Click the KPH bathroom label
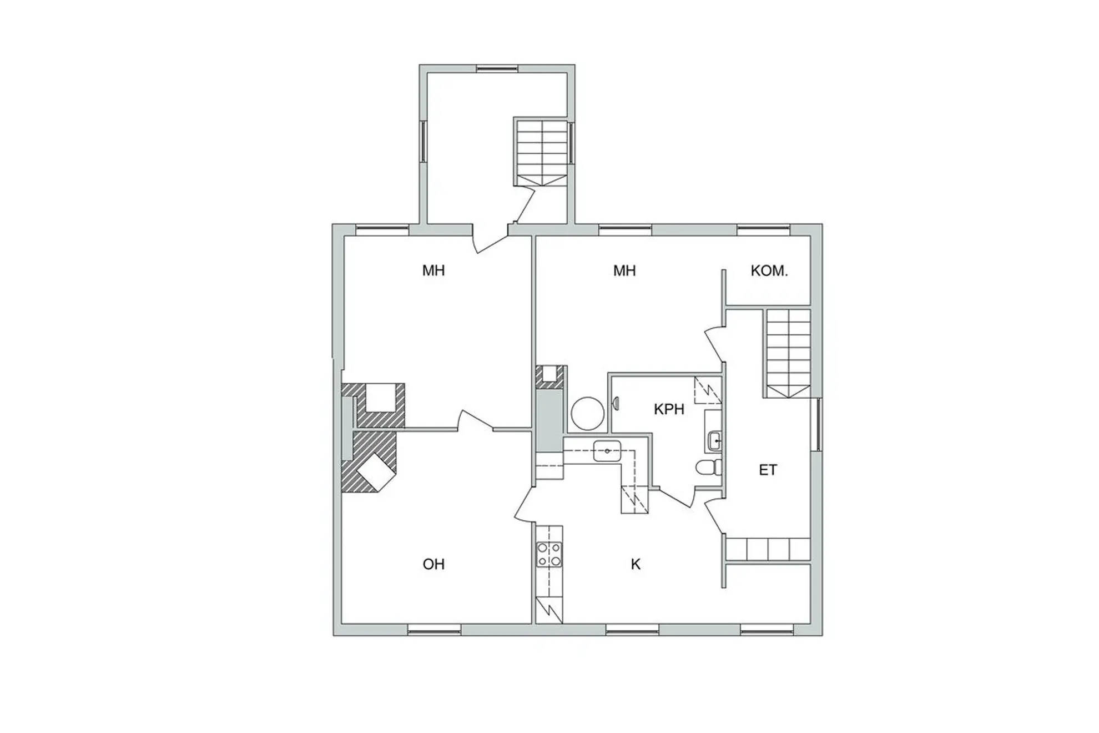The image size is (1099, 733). coord(669,410)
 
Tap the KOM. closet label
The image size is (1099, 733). coord(769,271)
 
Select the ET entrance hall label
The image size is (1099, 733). coord(768,470)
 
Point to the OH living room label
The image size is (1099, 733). coord(433,564)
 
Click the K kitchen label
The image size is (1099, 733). coord(636,564)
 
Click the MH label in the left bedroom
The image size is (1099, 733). coord(433,271)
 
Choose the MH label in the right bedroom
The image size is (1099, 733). coord(624,271)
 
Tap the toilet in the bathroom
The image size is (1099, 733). coord(708,468)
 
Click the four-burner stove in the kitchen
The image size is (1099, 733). coord(549,554)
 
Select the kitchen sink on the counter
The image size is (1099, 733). coord(607,450)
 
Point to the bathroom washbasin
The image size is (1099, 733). coord(714,441)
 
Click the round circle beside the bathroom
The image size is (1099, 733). coord(588,413)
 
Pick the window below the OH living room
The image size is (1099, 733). coord(435,629)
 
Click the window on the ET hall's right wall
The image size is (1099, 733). coord(816,425)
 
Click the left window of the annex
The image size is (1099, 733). coord(423,141)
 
